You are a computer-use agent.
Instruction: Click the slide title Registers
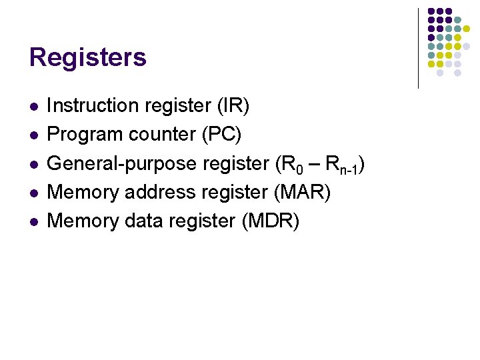pos(87,57)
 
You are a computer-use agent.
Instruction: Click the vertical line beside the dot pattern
pos(418,48)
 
